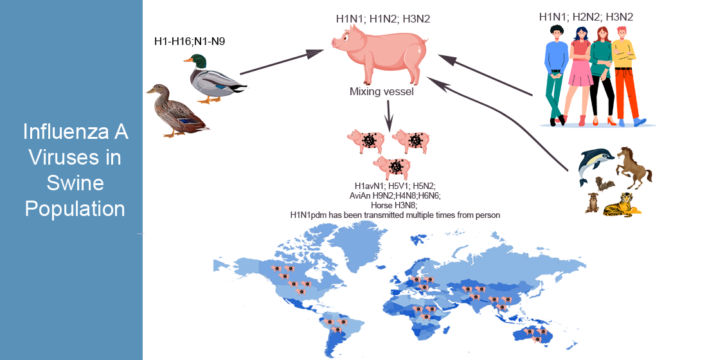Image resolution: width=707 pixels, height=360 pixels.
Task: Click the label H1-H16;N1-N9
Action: coord(190,42)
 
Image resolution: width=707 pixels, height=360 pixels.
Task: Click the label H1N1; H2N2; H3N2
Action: coord(586,17)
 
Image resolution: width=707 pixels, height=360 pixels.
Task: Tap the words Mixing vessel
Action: coord(381,92)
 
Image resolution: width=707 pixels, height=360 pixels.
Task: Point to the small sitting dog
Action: coord(591,203)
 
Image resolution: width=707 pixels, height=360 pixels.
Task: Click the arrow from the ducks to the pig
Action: coord(281,62)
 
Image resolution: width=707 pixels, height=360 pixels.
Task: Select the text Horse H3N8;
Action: coord(395,205)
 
